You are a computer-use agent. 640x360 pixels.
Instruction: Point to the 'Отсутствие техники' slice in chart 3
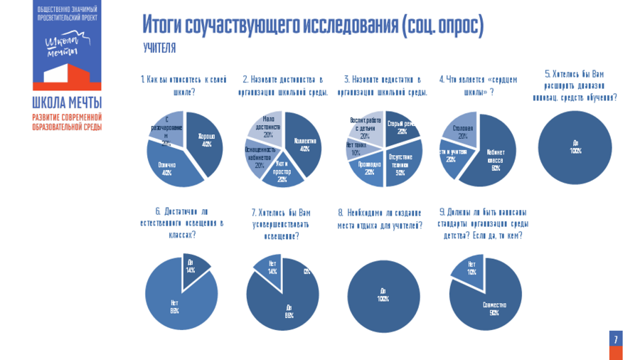[400, 163]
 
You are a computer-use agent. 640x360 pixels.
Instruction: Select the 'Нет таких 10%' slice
[355, 148]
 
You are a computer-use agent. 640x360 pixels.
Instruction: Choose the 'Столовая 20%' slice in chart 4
[463, 128]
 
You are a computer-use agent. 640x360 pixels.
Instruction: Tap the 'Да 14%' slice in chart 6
[193, 267]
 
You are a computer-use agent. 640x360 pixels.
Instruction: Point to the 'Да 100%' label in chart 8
[383, 295]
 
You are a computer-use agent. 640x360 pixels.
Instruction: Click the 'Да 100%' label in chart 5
[575, 147]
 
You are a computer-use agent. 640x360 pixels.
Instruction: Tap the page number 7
[615, 339]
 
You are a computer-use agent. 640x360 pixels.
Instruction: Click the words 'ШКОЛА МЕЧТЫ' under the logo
[67, 102]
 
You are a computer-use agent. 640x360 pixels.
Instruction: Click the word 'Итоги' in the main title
[161, 25]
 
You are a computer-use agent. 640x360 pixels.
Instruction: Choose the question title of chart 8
[380, 219]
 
